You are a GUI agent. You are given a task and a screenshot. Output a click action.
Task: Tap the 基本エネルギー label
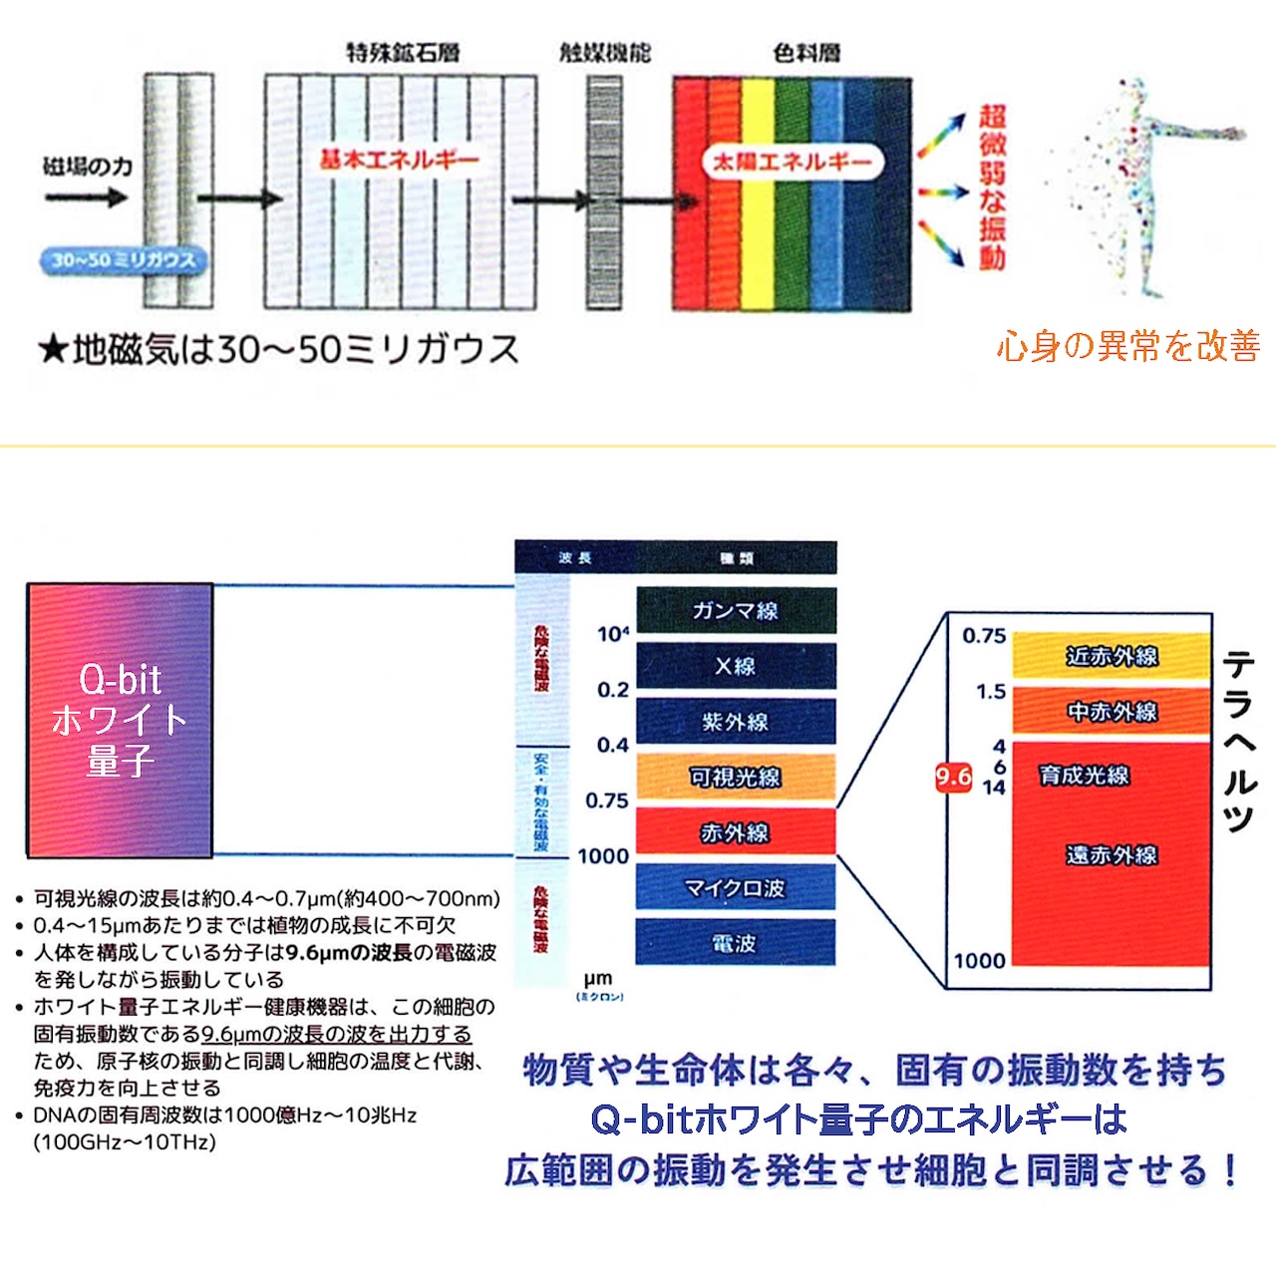(399, 159)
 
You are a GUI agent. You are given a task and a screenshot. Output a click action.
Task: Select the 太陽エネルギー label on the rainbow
(793, 161)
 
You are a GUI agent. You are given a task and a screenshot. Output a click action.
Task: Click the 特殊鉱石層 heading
(403, 52)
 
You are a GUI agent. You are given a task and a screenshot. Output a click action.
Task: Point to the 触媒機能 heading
(604, 52)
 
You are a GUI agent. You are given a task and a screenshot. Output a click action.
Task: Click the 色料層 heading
(805, 52)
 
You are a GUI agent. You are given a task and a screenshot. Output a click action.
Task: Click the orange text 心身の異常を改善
(1127, 346)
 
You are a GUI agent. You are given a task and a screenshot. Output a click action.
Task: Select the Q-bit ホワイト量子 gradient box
(120, 720)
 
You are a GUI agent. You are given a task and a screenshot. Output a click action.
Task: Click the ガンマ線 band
(736, 610)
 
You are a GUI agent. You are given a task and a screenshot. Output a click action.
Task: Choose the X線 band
(736, 666)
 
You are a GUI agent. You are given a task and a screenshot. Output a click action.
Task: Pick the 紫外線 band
(736, 722)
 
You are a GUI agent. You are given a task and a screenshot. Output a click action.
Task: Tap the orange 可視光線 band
(736, 777)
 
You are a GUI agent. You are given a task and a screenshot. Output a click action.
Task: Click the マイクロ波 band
(736, 887)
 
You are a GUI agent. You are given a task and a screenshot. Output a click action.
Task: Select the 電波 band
(736, 943)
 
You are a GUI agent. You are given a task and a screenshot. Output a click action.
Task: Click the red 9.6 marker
(953, 778)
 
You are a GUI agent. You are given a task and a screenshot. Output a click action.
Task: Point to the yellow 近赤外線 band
(1112, 656)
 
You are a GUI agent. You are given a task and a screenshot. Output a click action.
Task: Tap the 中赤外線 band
(1112, 712)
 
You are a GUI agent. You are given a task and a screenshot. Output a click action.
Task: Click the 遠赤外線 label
(1112, 854)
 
